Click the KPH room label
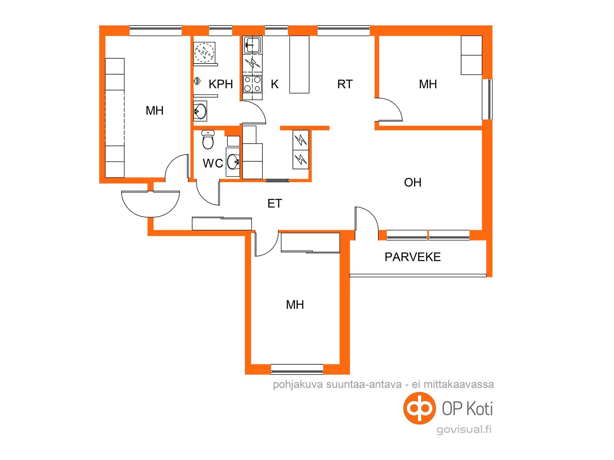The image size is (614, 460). [x=221, y=84]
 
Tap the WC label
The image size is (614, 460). [x=213, y=163]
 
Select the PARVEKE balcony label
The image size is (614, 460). [x=413, y=257]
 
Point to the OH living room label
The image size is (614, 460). [x=413, y=182]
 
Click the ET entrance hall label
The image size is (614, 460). [x=275, y=204]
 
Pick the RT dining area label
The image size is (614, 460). [x=345, y=84]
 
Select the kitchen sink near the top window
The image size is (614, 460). [x=252, y=45]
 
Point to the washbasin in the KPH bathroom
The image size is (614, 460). [x=200, y=111]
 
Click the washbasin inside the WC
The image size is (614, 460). [x=233, y=162]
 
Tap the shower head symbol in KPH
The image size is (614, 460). [x=197, y=81]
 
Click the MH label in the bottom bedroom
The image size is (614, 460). [x=295, y=305]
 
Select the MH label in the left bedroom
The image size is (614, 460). [x=155, y=111]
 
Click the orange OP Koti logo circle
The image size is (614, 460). [x=419, y=408]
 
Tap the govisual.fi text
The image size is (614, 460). [x=464, y=429]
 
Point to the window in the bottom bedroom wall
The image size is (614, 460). [x=297, y=369]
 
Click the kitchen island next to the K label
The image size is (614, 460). [x=299, y=64]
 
